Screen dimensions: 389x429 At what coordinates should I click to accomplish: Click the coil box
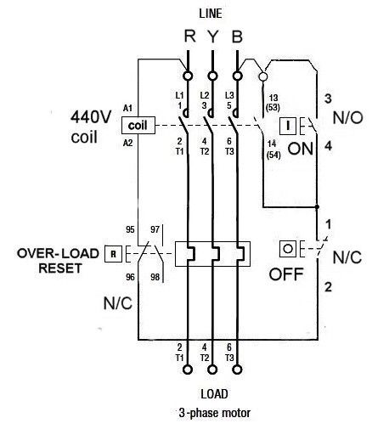[138, 125]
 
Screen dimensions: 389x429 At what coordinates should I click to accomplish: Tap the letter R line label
[189, 36]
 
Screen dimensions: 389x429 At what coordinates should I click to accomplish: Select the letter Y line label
[213, 37]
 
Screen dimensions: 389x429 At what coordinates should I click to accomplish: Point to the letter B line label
[237, 37]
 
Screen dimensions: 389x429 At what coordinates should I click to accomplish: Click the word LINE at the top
[211, 14]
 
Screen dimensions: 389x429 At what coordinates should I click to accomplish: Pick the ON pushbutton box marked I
[288, 126]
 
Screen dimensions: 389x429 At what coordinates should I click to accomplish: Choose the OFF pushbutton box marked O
[288, 249]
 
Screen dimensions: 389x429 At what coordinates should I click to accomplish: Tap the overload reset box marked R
[113, 254]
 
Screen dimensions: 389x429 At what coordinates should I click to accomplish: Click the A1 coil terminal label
[127, 108]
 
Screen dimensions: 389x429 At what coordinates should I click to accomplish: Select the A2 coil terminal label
[127, 143]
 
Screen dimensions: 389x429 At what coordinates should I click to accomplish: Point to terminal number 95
[130, 229]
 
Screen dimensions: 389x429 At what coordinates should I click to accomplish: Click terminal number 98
[155, 277]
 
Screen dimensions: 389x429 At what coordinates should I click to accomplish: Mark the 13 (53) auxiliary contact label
[273, 103]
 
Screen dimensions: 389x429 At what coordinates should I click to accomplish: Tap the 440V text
[91, 117]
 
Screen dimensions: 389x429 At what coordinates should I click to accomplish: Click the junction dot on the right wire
[317, 207]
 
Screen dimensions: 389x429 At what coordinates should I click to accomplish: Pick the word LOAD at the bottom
[214, 394]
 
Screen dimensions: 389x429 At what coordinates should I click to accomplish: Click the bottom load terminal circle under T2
[212, 370]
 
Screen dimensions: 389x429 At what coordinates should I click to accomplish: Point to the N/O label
[348, 117]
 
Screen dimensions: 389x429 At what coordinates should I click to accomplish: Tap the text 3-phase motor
[215, 413]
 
